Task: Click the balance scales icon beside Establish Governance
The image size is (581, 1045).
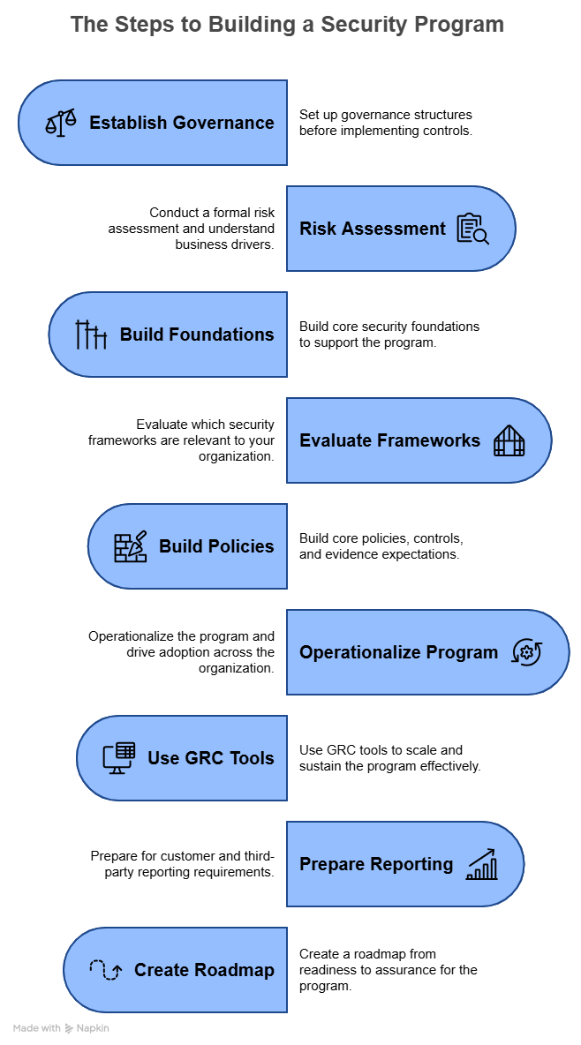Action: click(x=61, y=123)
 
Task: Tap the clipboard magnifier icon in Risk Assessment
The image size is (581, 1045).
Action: click(x=472, y=229)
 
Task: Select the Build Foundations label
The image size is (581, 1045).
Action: click(x=197, y=335)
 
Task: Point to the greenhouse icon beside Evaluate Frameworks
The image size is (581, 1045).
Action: click(x=509, y=440)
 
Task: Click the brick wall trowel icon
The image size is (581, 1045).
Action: click(x=131, y=546)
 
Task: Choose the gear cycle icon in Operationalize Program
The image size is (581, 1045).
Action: click(x=527, y=652)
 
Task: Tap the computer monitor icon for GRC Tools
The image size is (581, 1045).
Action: click(x=119, y=758)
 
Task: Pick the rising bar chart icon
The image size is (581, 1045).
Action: click(x=482, y=864)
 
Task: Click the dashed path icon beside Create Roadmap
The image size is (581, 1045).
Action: click(x=106, y=970)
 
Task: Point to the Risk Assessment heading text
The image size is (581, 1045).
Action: click(x=373, y=229)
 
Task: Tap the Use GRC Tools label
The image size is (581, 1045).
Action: click(x=211, y=758)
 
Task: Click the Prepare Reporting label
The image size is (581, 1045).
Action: click(x=376, y=864)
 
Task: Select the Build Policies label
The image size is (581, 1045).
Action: click(x=216, y=546)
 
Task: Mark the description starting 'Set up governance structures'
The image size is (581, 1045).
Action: click(x=385, y=123)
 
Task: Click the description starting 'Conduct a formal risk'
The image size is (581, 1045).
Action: click(x=191, y=229)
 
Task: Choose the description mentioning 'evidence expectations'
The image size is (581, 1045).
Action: click(x=381, y=546)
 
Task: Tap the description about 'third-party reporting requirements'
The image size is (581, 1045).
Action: click(x=183, y=864)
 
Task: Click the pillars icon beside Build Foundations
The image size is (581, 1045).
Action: click(x=91, y=335)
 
